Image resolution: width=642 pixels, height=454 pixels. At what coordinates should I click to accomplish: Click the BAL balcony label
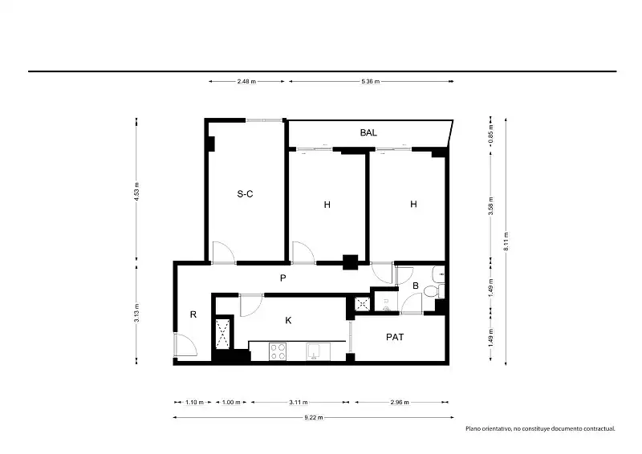(x=368, y=132)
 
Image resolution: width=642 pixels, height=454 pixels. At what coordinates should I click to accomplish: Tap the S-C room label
(x=245, y=193)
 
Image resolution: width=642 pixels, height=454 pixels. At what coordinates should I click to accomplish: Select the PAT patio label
(x=395, y=337)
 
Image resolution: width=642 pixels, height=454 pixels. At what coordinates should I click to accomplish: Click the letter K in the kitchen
(x=288, y=321)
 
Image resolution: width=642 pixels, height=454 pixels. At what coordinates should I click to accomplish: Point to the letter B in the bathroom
(x=416, y=286)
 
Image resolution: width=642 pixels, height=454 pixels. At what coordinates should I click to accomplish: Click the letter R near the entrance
(x=193, y=314)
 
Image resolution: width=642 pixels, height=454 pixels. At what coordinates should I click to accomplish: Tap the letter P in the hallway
(x=283, y=278)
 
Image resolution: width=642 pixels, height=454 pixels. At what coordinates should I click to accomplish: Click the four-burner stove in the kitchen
(x=278, y=352)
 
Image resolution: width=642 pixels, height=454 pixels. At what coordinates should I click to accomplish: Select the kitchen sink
(x=318, y=352)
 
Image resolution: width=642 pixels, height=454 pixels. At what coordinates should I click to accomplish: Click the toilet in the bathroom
(x=433, y=291)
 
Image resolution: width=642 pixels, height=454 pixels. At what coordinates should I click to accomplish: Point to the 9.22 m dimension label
(x=314, y=418)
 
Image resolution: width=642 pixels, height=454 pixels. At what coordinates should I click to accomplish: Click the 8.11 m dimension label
(x=506, y=241)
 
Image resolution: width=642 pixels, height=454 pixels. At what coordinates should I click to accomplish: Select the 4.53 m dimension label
(x=136, y=192)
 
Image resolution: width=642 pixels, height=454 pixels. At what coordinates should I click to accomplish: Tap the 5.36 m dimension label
(x=371, y=82)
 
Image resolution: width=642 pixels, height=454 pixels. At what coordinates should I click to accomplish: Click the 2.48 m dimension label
(x=246, y=82)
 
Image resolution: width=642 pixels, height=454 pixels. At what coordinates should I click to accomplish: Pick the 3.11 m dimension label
(x=299, y=403)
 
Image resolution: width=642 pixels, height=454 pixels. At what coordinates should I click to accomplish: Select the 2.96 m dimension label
(x=399, y=403)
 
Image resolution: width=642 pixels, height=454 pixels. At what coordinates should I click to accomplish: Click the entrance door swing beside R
(x=185, y=345)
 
